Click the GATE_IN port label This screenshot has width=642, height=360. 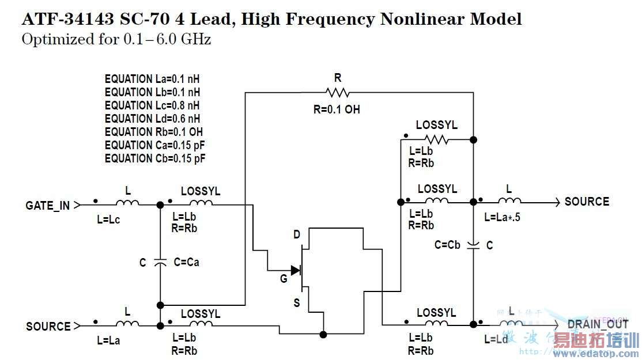tap(48, 205)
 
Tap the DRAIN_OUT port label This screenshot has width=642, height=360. tap(598, 324)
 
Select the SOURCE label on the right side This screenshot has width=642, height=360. tap(587, 202)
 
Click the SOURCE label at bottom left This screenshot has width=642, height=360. tap(48, 327)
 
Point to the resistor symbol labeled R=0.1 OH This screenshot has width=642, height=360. tap(337, 92)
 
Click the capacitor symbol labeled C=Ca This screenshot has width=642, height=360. tap(160, 262)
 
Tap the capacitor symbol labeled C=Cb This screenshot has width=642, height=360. tap(473, 245)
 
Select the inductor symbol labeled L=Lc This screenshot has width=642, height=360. tap(127, 203)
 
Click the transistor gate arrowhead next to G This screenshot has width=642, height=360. tap(296, 270)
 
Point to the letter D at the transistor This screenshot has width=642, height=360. tap(297, 235)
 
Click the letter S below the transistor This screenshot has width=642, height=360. tap(297, 302)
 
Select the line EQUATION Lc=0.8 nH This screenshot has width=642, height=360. tap(152, 105)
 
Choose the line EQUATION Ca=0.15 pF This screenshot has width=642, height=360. tap(155, 145)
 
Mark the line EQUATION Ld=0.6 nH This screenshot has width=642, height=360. tap(152, 119)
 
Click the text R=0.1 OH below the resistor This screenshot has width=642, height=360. tap(337, 109)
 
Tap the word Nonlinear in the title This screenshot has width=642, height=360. tap(422, 19)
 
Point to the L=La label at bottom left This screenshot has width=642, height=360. tap(109, 340)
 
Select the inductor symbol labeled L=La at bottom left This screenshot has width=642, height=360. tap(127, 324)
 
